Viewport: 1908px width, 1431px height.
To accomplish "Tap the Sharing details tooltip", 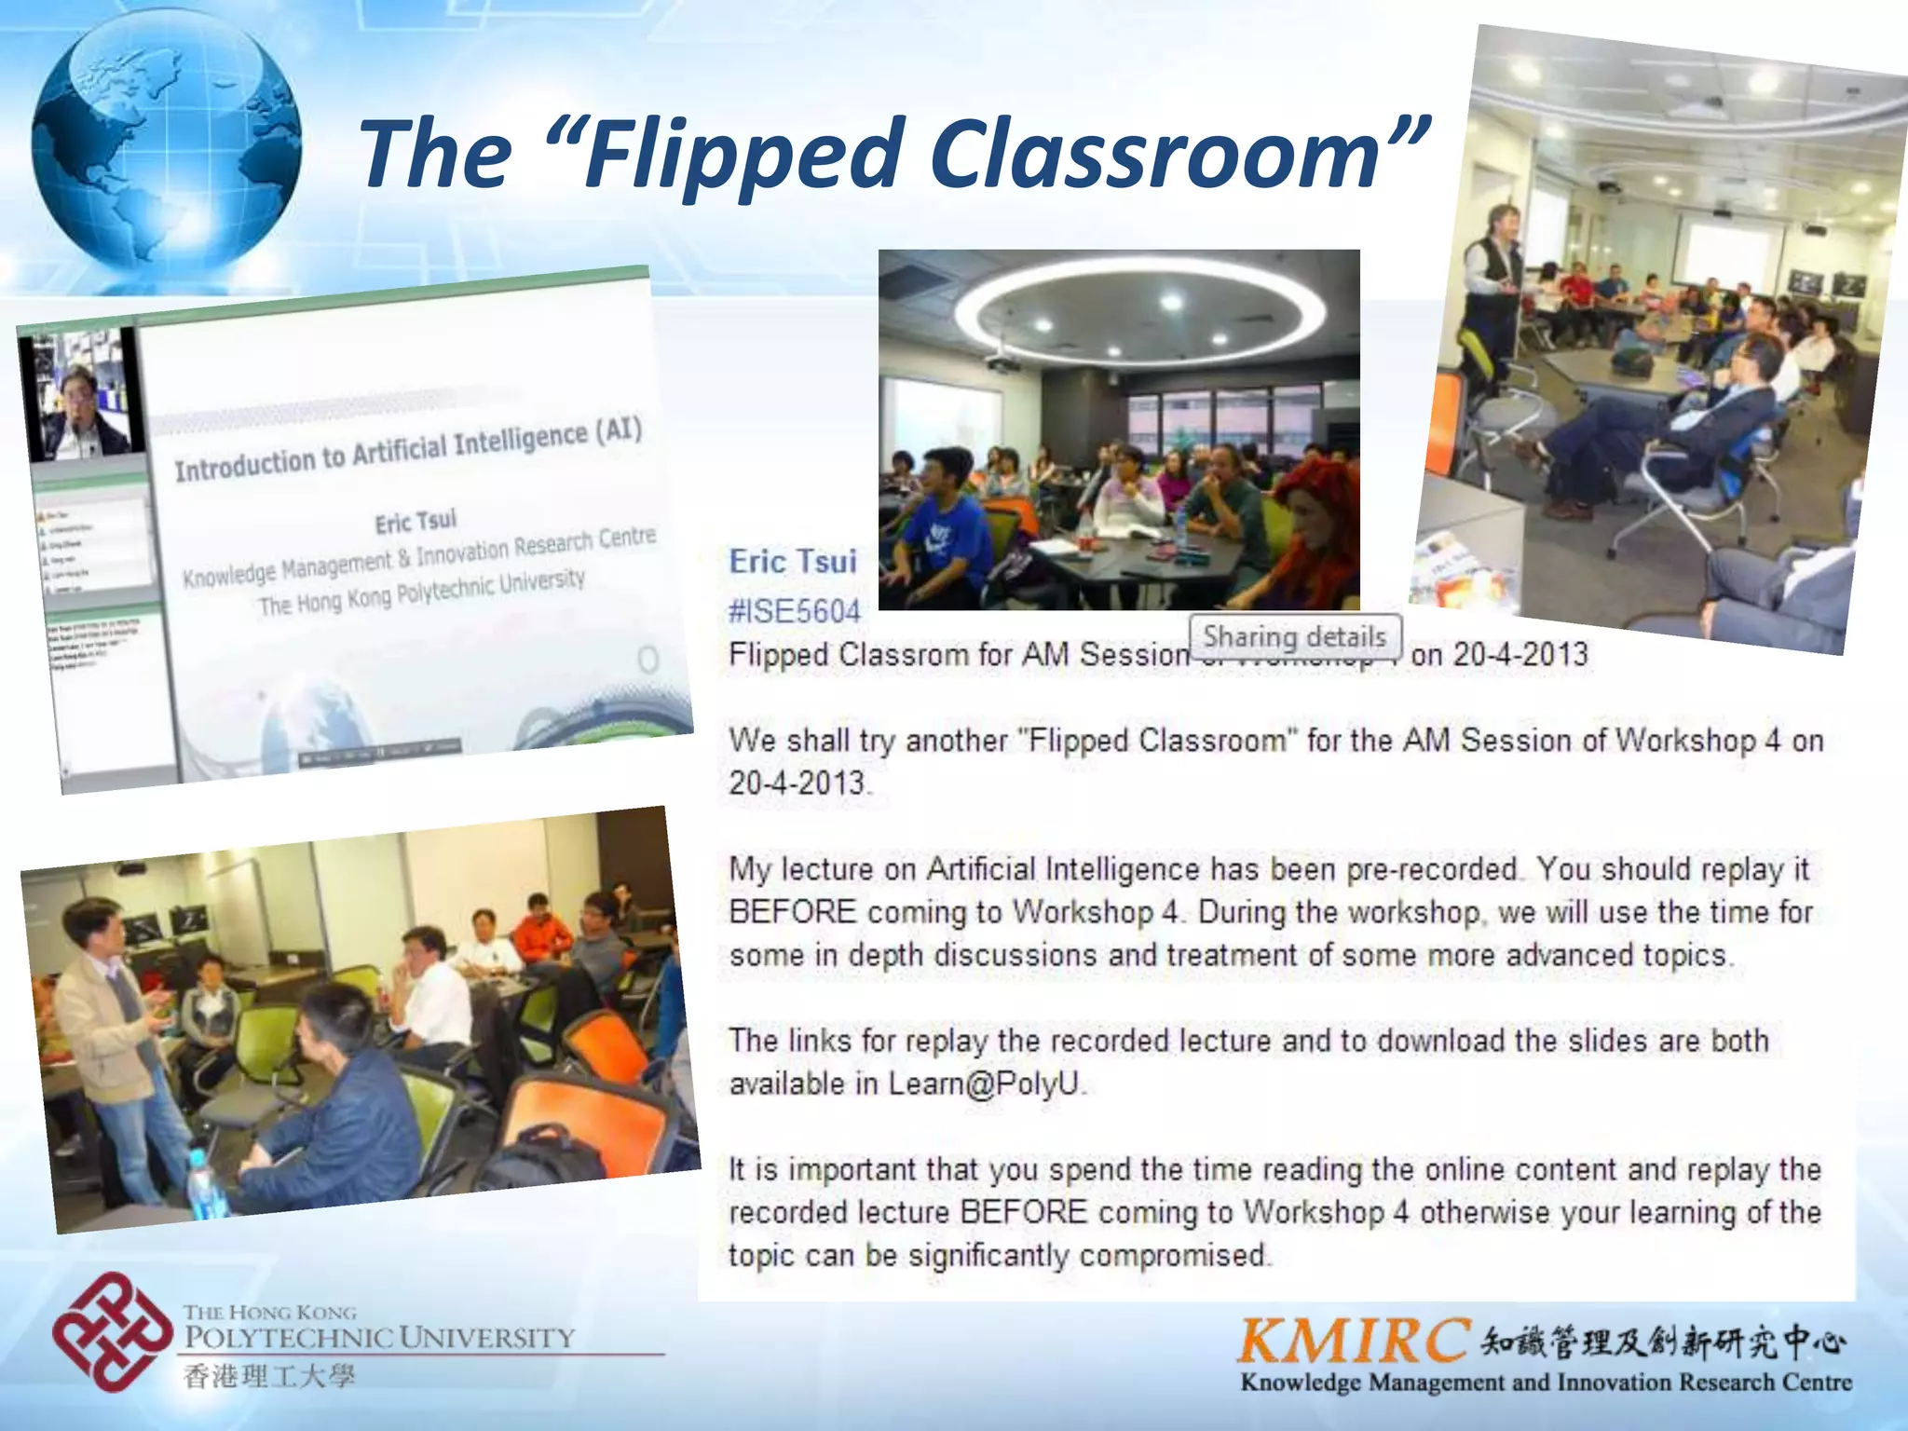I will (1294, 637).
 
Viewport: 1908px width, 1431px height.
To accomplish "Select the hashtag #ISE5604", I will (795, 611).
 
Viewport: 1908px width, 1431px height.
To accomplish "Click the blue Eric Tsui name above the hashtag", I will (793, 561).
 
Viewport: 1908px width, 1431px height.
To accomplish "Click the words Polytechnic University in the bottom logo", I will (378, 1338).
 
